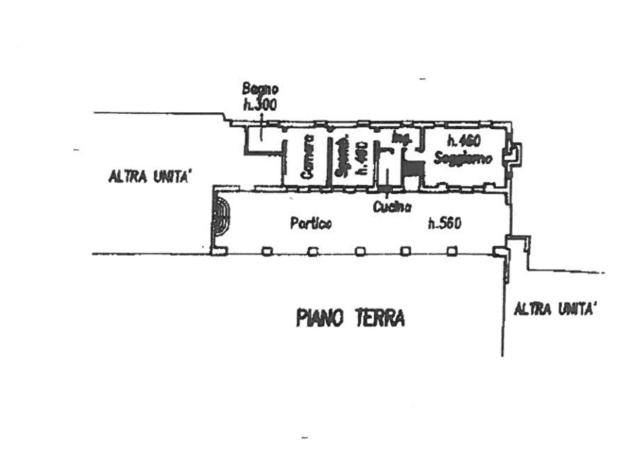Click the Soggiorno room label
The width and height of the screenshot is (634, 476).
[462, 159]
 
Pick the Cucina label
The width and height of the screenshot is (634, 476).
[390, 207]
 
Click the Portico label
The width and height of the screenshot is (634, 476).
[310, 225]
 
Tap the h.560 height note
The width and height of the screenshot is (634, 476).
[445, 225]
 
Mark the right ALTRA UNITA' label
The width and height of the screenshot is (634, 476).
[557, 309]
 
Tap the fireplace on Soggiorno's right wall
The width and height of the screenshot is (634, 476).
[512, 153]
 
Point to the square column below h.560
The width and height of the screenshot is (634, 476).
[452, 251]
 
